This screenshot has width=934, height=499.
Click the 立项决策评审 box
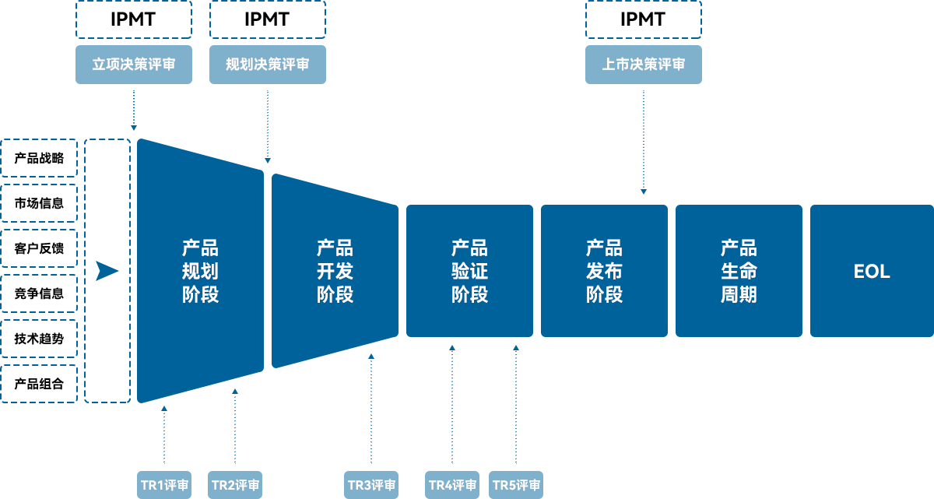click(133, 65)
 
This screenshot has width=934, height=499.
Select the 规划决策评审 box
click(267, 65)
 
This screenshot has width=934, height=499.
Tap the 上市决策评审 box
click(644, 65)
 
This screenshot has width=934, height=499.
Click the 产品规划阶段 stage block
click(200, 271)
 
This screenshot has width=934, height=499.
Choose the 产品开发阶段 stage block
click(335, 271)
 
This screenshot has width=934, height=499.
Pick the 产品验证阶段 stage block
click(469, 271)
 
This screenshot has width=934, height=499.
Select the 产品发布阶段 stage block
click(604, 271)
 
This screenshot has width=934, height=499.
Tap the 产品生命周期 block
click(739, 271)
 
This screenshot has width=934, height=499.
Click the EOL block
click(871, 271)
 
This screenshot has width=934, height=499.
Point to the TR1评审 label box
click(164, 485)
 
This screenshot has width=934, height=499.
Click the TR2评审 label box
click(235, 485)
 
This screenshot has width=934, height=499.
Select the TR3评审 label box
click(370, 485)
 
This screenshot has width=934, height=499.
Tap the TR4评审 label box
click(452, 485)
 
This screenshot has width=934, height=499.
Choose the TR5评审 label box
click(516, 485)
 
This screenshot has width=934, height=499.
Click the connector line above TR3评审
click(370, 419)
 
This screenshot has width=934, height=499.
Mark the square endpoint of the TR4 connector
click(451, 348)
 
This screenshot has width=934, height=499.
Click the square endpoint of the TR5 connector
click(515, 348)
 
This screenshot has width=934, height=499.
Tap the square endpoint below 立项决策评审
click(133, 128)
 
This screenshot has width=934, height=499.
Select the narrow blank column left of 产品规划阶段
click(107, 271)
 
